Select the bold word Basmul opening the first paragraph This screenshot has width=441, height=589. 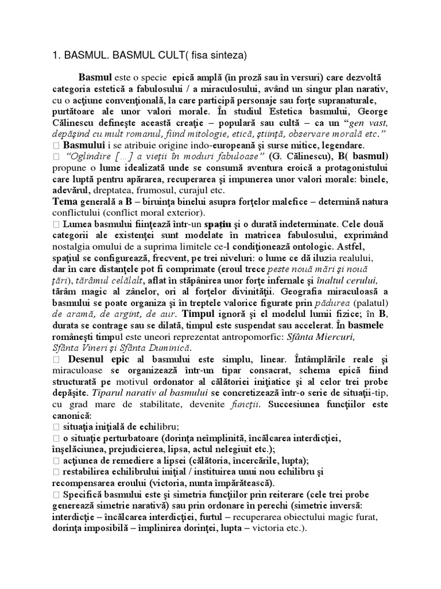(95, 77)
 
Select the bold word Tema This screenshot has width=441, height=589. (65, 202)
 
